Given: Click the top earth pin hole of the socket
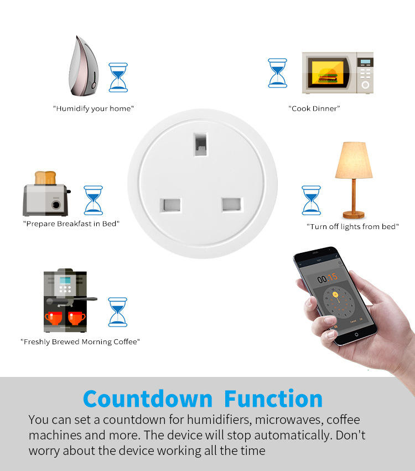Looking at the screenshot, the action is [201, 144].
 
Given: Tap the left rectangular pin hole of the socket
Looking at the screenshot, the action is [170, 205].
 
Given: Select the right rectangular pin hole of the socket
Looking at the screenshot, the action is [231, 204].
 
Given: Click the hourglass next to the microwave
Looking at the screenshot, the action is [277, 73].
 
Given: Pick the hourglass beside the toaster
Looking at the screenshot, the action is [93, 200].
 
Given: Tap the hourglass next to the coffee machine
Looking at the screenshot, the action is [118, 312].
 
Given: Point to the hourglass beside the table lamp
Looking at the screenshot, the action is [311, 200].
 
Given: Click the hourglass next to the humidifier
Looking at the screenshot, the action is [118, 77].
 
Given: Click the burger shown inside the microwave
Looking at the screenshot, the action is [328, 75].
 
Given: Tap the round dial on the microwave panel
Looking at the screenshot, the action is [365, 85].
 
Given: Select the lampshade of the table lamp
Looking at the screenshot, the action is [354, 160].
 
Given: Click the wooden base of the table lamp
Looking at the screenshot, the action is [354, 215].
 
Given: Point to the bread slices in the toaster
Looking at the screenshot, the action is [45, 178].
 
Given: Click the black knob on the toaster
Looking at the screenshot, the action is [56, 205].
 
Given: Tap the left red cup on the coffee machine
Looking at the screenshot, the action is [54, 318].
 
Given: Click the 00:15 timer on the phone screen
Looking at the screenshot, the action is [328, 278].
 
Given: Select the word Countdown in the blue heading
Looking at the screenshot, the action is [148, 399].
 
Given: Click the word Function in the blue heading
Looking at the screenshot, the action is [273, 398].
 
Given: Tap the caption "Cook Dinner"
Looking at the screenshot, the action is [314, 108].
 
